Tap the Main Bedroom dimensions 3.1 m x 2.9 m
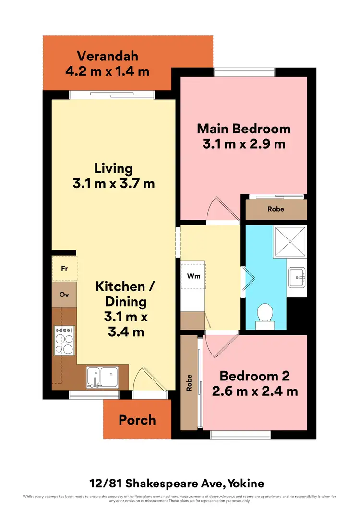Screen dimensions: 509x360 point(244,144)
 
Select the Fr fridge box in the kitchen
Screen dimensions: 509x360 point(64,269)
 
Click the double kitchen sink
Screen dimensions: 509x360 point(102,376)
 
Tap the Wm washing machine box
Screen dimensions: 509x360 point(193,276)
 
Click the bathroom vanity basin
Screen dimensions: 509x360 point(297,277)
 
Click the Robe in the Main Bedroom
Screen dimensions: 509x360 point(276,209)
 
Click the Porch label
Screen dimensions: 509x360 point(137,420)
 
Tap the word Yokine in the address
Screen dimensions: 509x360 point(246,483)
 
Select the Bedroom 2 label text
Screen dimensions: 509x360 point(254,376)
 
